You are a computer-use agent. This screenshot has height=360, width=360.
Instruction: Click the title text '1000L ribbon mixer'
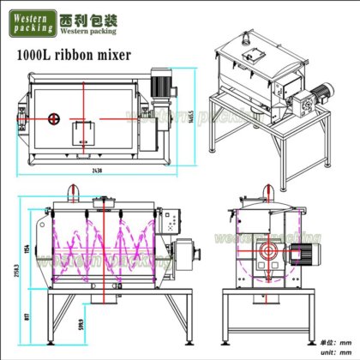pos(74,57)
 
